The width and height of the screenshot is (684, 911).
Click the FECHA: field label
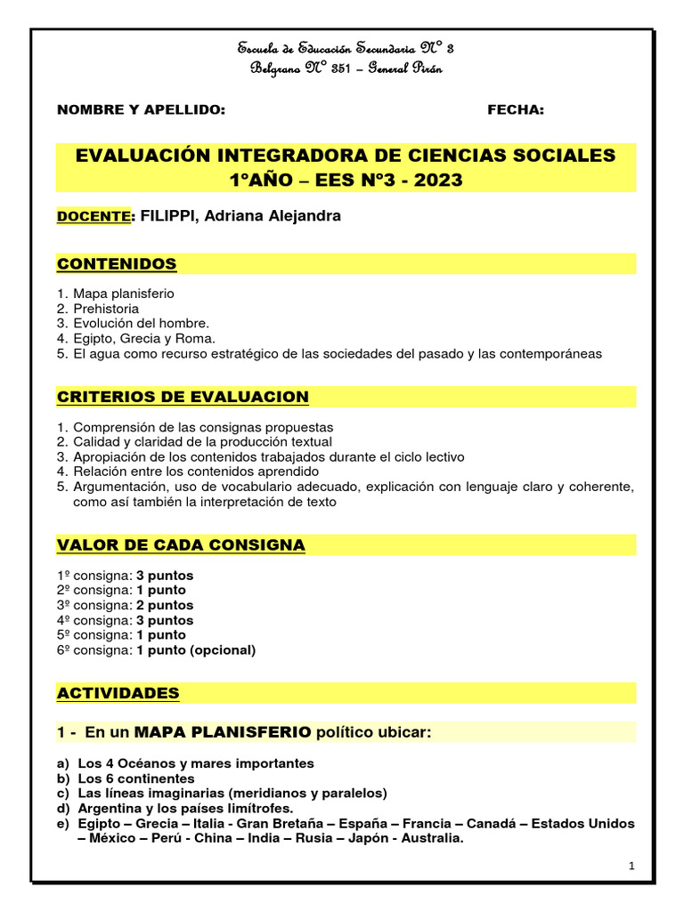[x=515, y=110]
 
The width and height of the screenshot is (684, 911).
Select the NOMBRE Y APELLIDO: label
[x=141, y=110]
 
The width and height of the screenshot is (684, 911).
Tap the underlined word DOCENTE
[x=94, y=217]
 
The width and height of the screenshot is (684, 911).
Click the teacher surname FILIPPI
[x=169, y=216]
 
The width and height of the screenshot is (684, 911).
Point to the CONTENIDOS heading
[x=117, y=264]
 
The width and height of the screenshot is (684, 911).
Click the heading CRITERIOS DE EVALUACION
[x=183, y=397]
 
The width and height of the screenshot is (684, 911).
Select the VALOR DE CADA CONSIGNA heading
[x=181, y=544]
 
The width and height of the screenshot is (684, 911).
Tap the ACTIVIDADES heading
[x=118, y=693]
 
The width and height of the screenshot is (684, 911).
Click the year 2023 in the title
[x=436, y=181]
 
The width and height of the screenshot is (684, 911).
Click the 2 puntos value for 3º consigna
[x=165, y=605]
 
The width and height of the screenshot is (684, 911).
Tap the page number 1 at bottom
[x=631, y=866]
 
